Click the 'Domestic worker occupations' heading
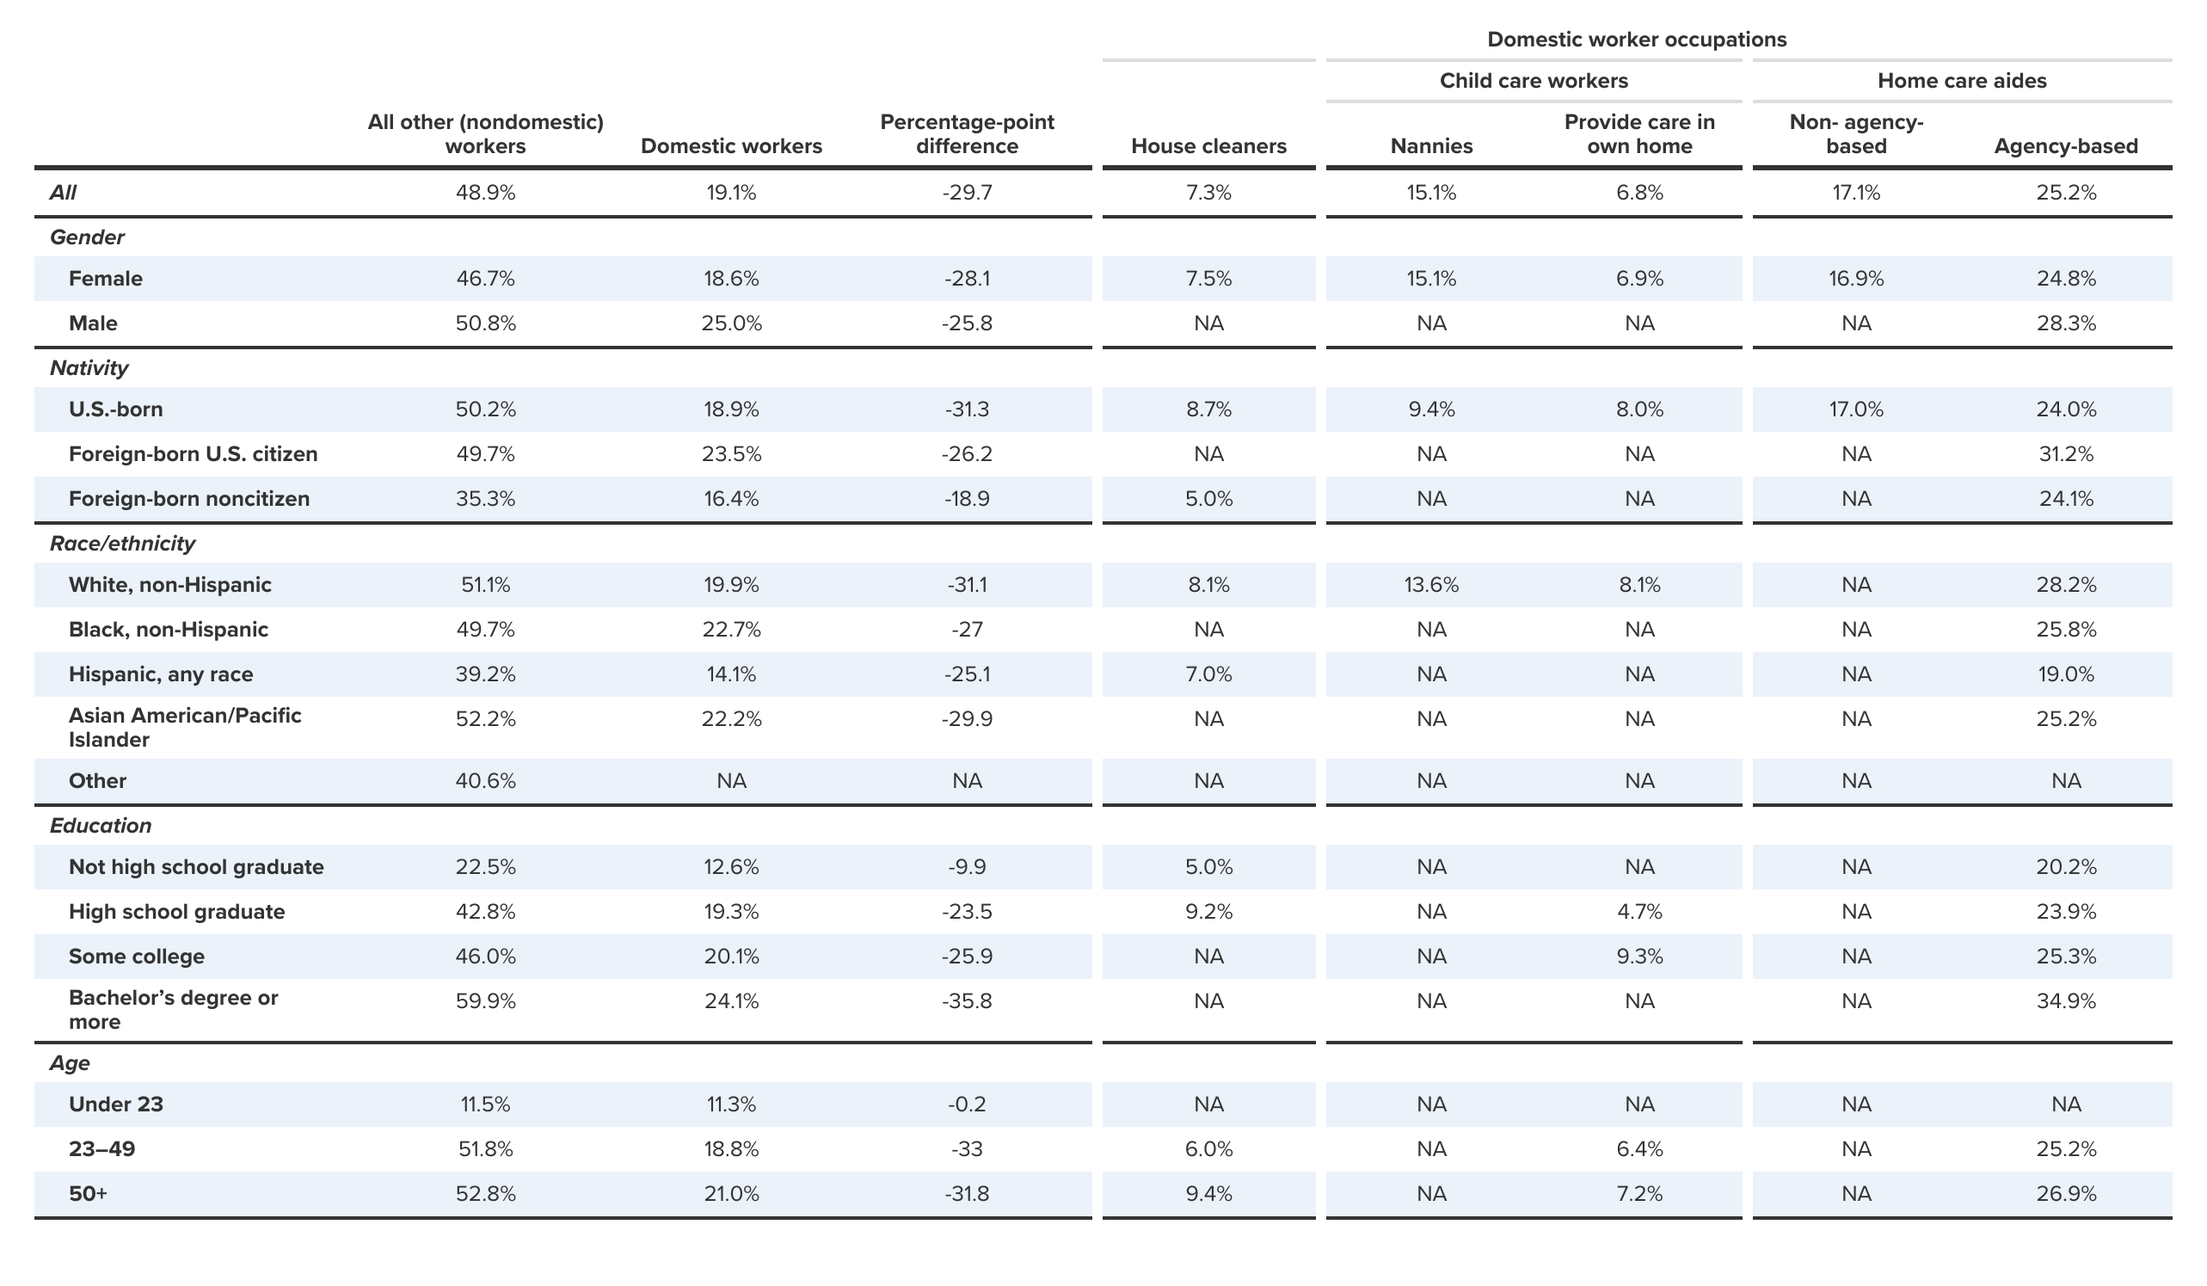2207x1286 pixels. [1636, 40]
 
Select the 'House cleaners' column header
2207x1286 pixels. [1208, 146]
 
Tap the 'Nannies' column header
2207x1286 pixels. [1431, 146]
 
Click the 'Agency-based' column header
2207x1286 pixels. [2066, 146]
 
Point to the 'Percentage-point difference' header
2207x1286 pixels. [967, 134]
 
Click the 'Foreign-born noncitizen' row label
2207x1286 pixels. [189, 499]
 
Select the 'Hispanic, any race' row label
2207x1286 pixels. [161, 674]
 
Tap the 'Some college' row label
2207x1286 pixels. [137, 957]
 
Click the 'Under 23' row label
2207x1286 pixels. [116, 1104]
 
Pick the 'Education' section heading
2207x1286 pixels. [101, 826]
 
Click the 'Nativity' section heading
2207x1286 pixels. [89, 368]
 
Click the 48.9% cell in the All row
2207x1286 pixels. [485, 193]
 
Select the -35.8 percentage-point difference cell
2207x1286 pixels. [967, 1001]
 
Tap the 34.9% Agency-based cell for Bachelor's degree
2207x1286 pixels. [2066, 1001]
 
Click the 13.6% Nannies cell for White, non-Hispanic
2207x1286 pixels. [1431, 585]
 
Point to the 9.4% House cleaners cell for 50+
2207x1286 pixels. [1208, 1194]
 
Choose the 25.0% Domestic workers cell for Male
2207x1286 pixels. [731, 324]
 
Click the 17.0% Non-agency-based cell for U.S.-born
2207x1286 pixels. [1856, 410]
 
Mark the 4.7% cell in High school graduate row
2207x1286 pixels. [1639, 912]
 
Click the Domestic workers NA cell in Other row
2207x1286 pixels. [731, 781]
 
